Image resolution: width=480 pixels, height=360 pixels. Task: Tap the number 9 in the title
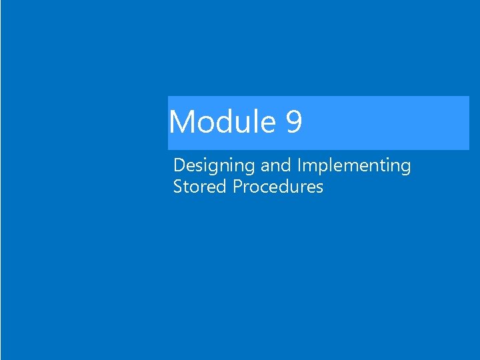[294, 123]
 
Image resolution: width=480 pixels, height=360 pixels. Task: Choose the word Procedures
[278, 187]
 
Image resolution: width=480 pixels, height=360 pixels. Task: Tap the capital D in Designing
[178, 165]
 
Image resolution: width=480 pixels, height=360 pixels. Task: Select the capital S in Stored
[177, 187]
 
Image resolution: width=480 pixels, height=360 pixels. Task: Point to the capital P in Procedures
[237, 187]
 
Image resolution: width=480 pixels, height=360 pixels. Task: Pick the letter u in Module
[245, 124]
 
